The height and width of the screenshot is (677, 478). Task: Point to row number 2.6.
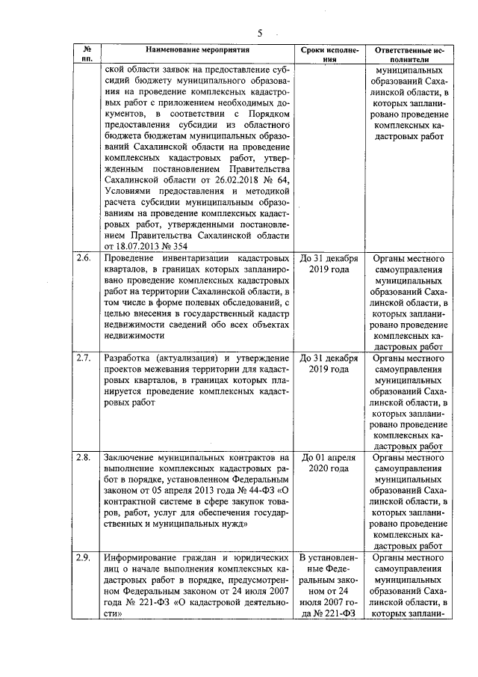pyautogui.click(x=84, y=259)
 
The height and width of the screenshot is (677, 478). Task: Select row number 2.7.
pyautogui.click(x=84, y=357)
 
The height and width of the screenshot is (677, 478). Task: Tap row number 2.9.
pyautogui.click(x=84, y=557)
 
